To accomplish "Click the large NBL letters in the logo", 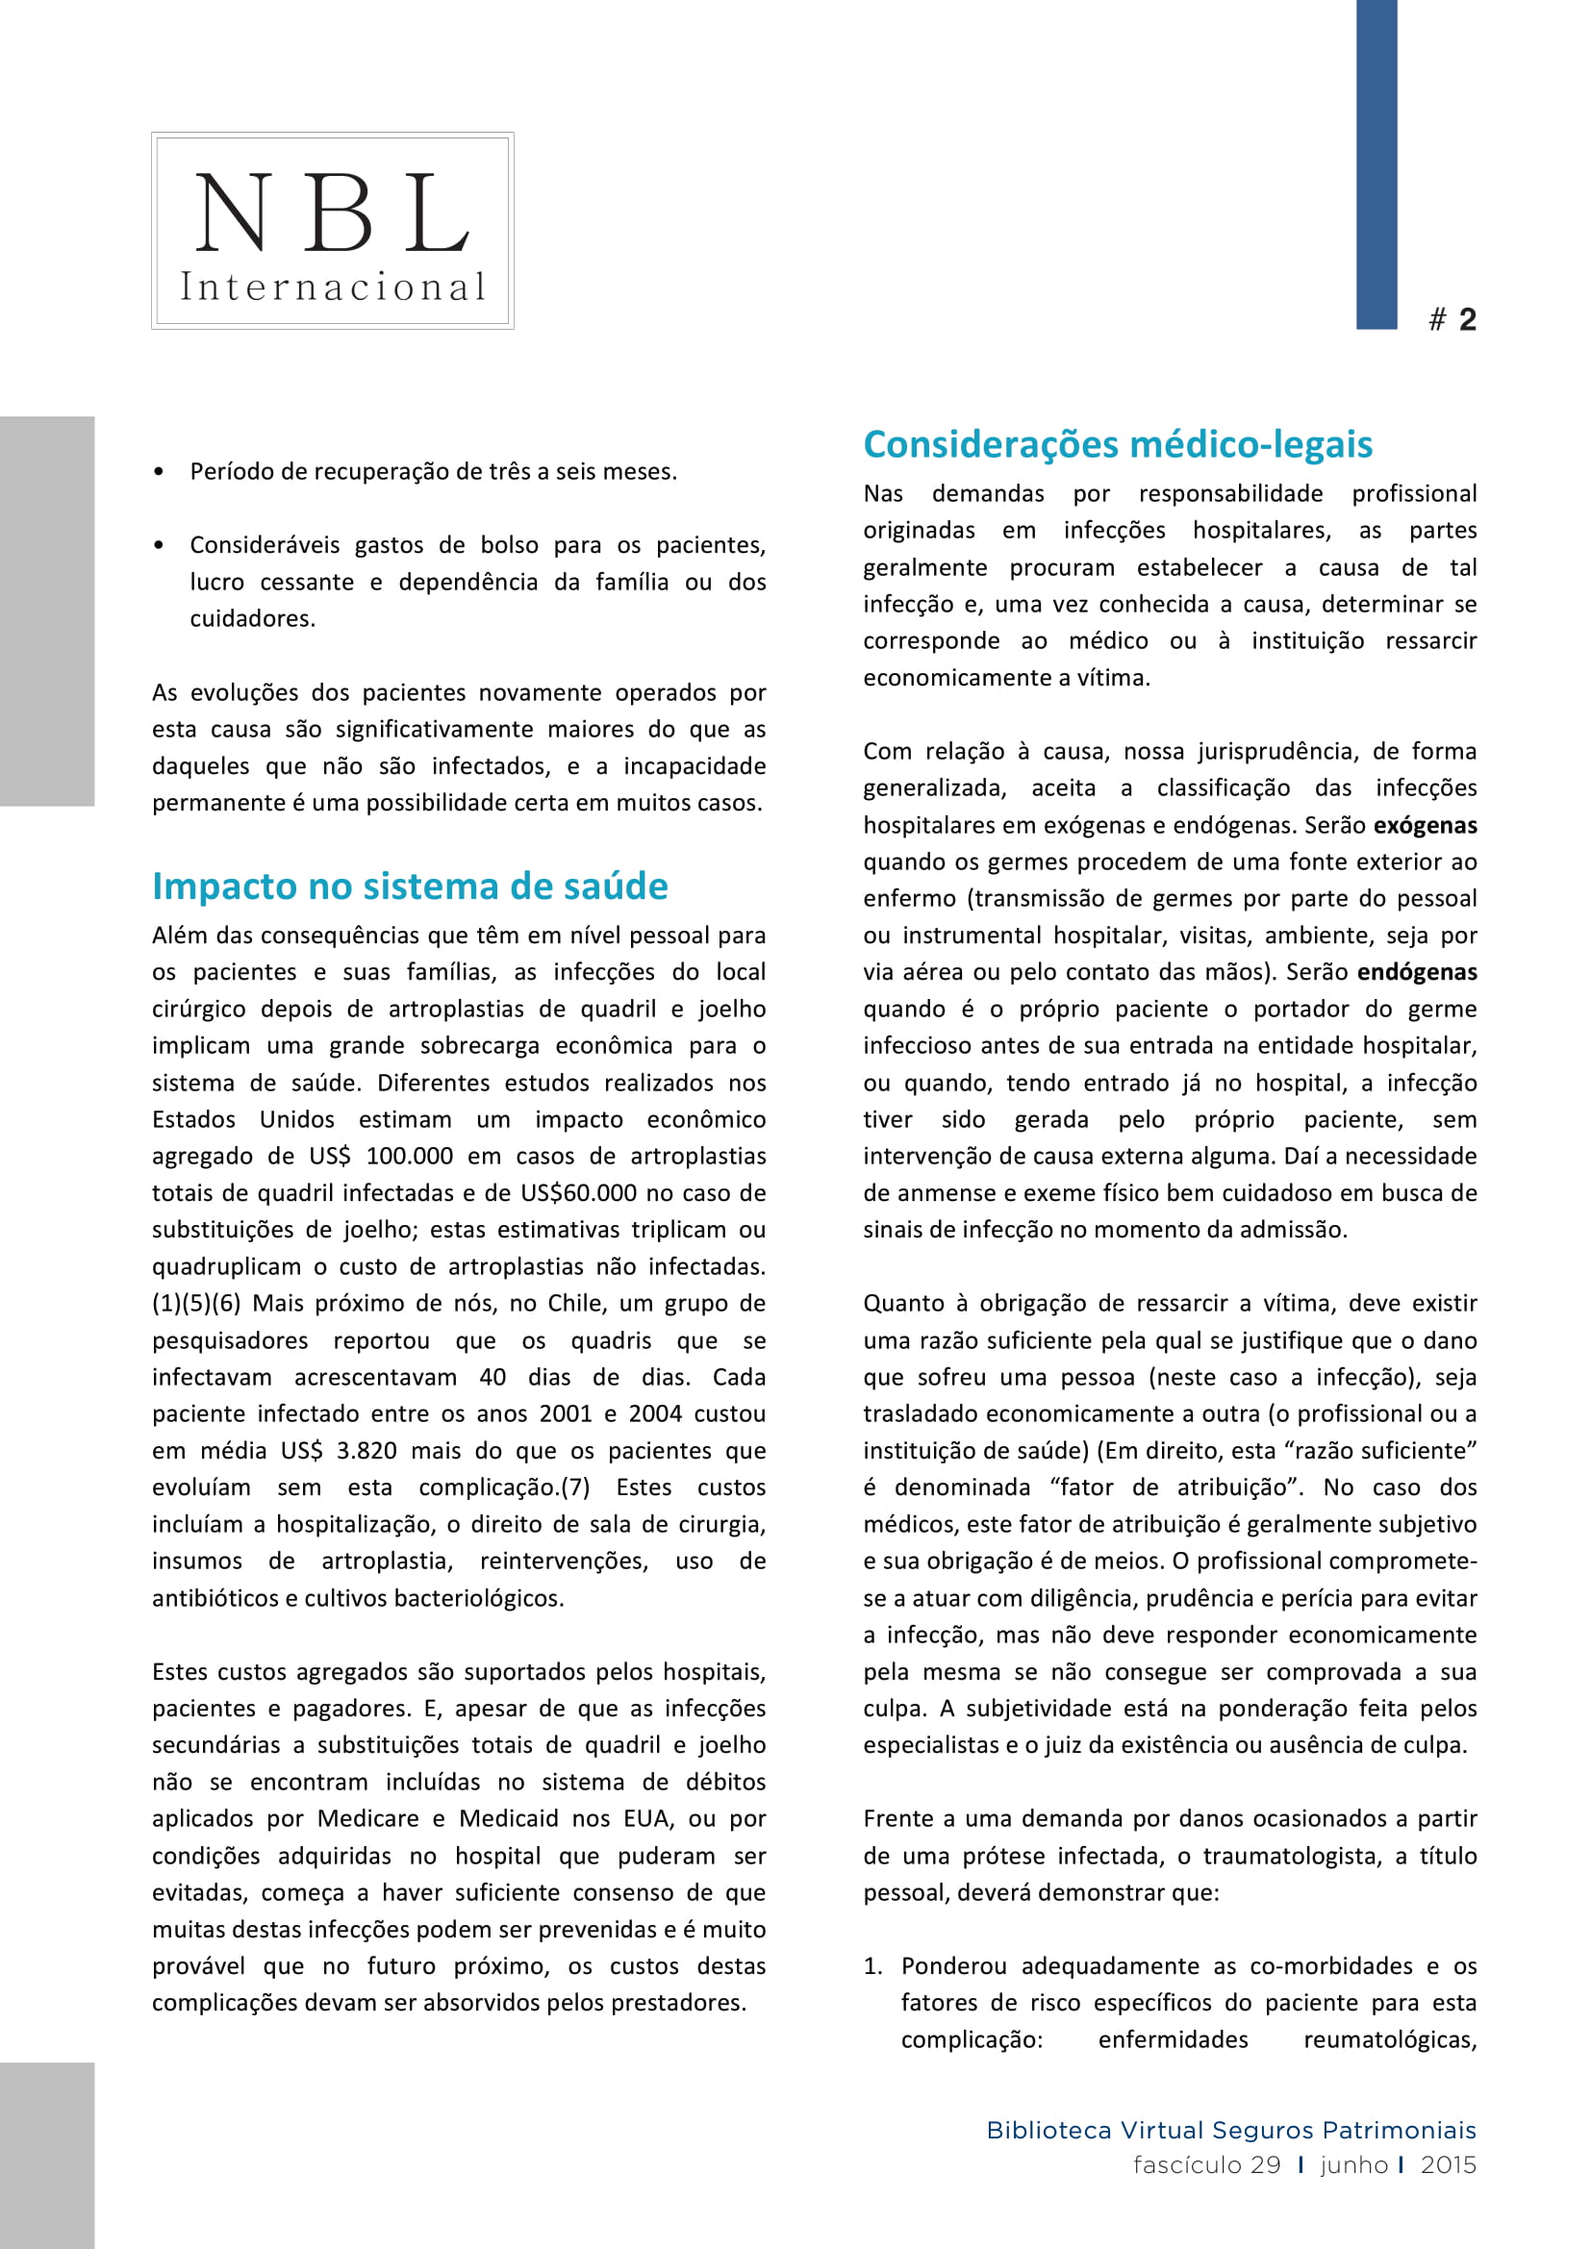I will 332,212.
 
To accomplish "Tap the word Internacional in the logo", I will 332,287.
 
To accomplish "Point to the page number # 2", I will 1452,319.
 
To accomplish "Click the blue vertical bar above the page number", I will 1376,163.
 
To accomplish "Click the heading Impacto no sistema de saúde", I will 410,886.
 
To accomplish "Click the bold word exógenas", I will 1425,825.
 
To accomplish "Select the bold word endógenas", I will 1417,972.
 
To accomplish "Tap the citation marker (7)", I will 574,1487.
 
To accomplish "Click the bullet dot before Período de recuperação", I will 159,472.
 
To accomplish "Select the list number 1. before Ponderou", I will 871,1966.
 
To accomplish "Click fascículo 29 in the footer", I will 1206,2164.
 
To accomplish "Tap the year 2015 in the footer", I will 1448,2164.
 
